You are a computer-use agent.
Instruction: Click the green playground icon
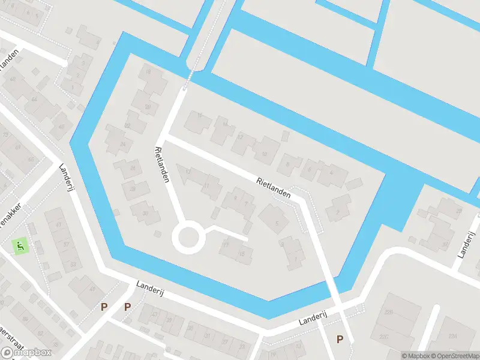point(19,245)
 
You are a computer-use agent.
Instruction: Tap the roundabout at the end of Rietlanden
point(188,238)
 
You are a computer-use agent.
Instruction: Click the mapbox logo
point(26,352)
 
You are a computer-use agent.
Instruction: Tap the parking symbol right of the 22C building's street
point(340,340)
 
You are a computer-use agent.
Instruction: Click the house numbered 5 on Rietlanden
point(277,224)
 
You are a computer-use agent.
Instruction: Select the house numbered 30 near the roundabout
point(146,214)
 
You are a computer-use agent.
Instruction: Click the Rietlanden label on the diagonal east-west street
point(273,188)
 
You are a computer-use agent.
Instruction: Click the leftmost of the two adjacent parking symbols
point(104,307)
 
